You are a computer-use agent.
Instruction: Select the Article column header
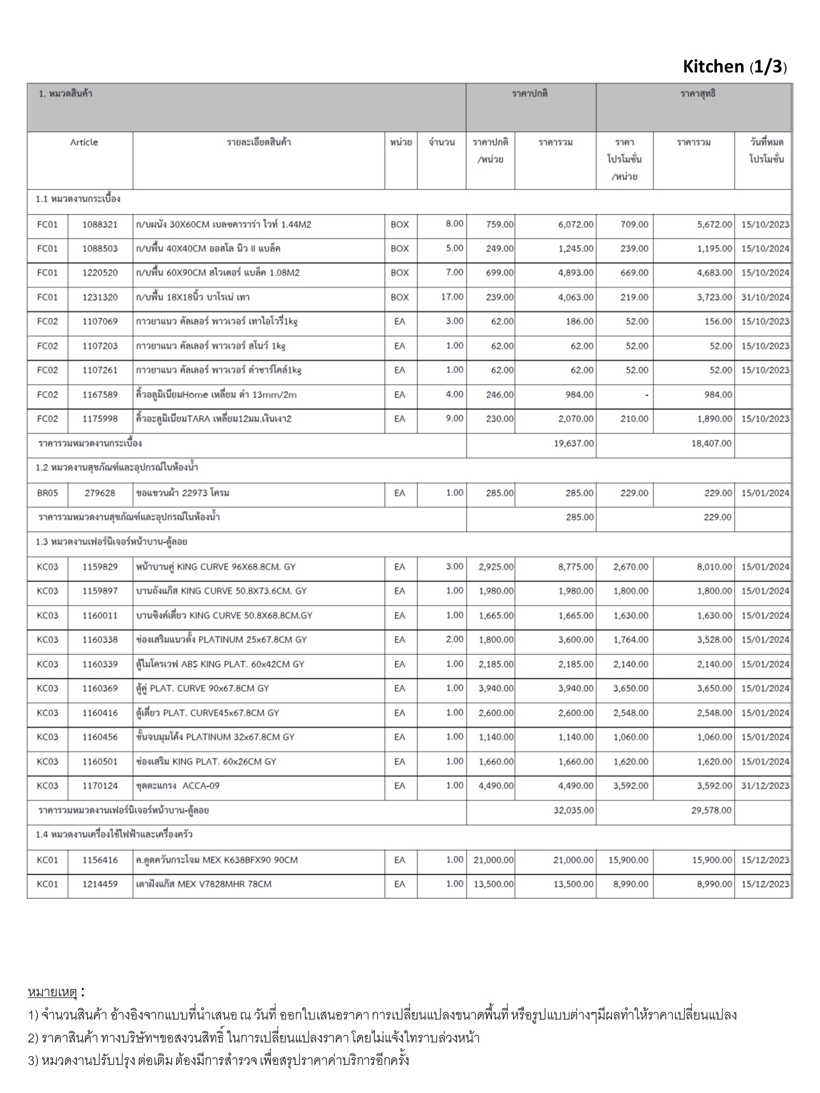[84, 142]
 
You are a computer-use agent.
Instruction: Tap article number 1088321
[100, 225]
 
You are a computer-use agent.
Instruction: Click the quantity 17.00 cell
[452, 297]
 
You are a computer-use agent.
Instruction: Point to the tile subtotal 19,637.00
[574, 443]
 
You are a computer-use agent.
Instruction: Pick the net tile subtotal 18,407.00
[711, 443]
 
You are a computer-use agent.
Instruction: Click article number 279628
[100, 493]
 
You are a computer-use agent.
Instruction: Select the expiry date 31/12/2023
[764, 786]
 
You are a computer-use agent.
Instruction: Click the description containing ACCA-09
[178, 786]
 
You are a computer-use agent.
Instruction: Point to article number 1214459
[100, 884]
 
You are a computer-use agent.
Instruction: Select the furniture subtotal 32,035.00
[573, 810]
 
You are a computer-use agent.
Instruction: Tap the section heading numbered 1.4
[114, 834]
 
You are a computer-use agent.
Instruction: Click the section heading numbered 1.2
[117, 468]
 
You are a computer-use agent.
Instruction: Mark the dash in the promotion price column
[646, 395]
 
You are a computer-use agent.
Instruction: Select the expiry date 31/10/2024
[764, 297]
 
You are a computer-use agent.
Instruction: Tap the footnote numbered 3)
[219, 1060]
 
